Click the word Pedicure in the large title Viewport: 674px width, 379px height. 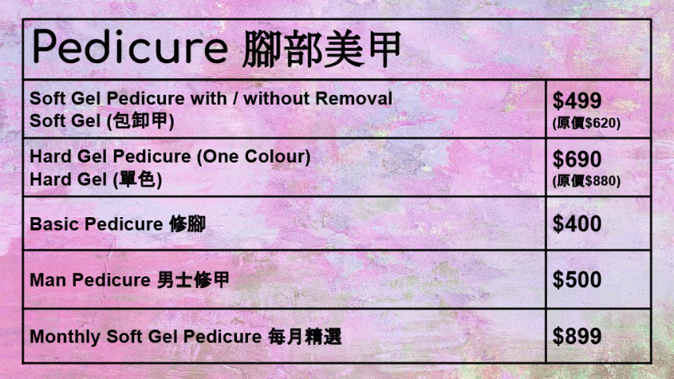130,49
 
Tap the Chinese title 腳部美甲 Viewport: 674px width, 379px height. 320,49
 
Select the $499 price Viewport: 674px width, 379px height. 577,101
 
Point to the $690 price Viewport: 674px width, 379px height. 577,159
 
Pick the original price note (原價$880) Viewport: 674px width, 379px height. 586,181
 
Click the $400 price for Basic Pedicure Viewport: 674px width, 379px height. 577,224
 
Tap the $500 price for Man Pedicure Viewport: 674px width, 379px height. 577,280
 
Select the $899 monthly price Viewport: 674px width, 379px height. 577,336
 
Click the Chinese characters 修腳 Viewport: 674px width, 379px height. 187,224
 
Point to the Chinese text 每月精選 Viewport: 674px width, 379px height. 305,336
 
